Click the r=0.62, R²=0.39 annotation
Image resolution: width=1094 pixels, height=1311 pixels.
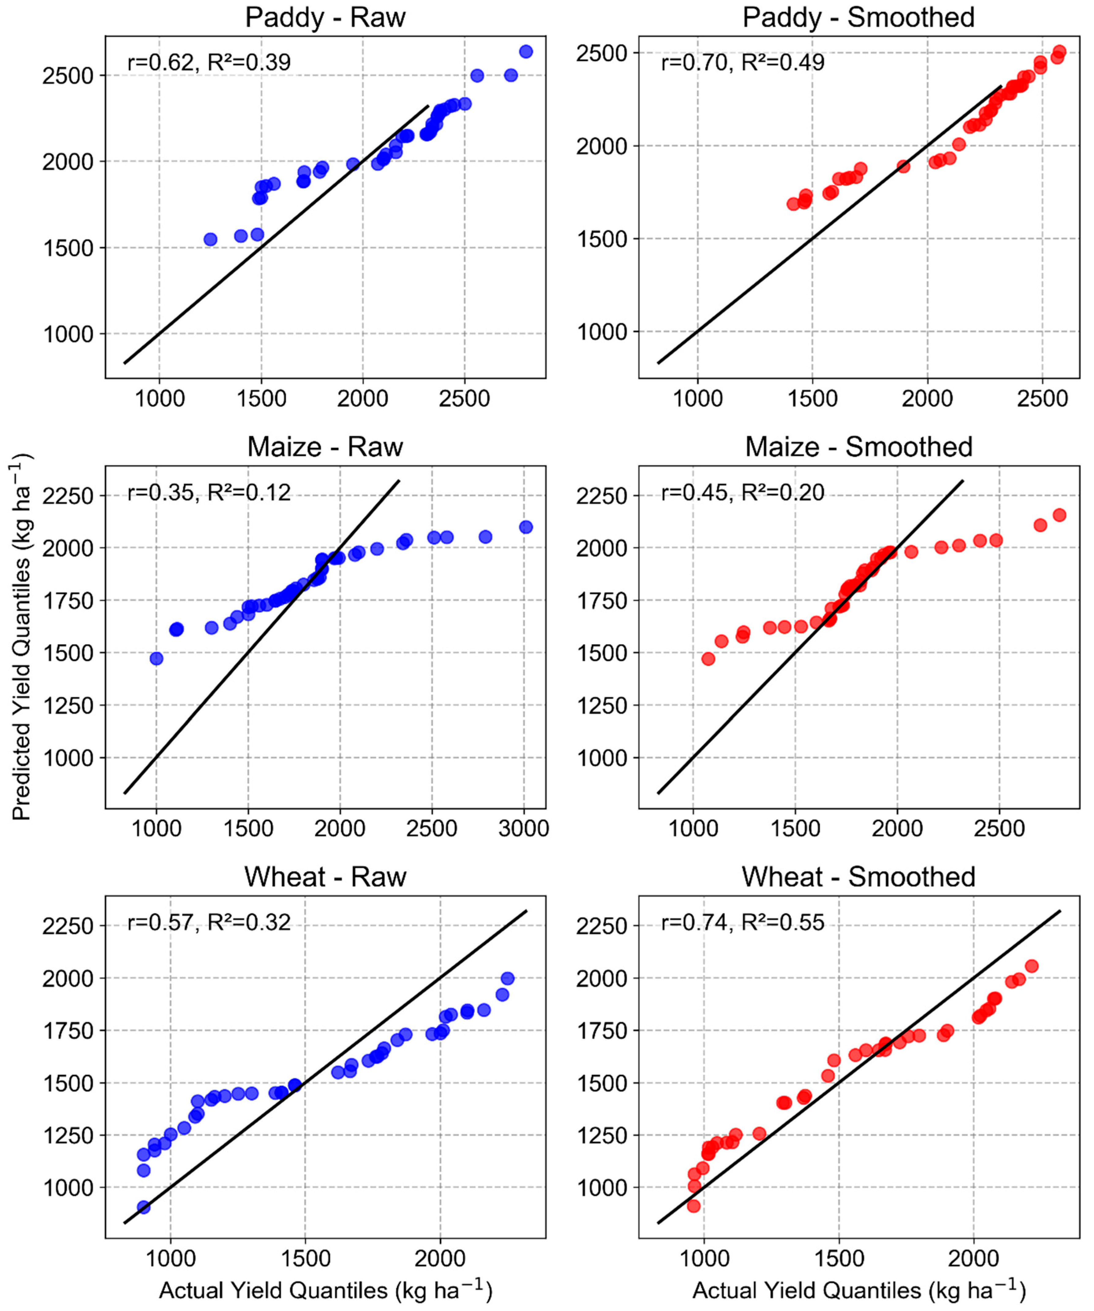(209, 62)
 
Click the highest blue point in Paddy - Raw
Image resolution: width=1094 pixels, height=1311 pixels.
(526, 51)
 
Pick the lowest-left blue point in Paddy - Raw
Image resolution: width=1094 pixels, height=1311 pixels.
(210, 239)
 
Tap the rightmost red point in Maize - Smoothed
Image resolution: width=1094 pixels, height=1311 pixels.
(1059, 515)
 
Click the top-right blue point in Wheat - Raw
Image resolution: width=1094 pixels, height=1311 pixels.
(508, 978)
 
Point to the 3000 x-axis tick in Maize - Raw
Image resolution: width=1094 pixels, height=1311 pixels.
(523, 828)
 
